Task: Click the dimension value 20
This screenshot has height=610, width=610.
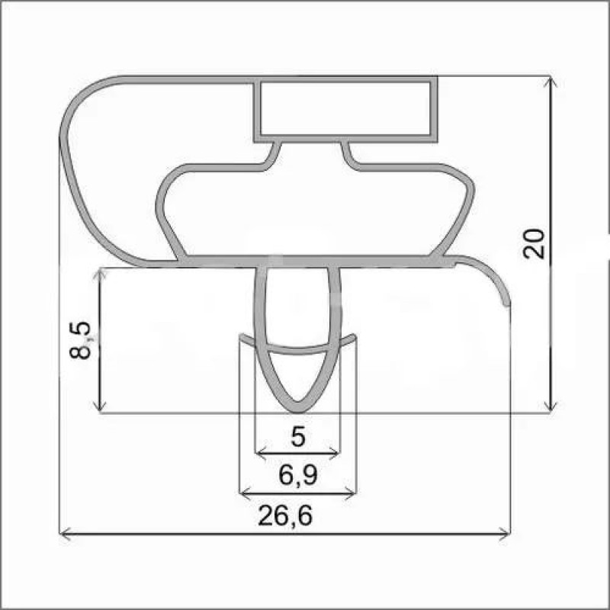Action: pos(533,244)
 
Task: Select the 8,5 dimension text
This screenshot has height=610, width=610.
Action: pos(80,340)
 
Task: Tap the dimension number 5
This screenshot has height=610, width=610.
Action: pos(298,437)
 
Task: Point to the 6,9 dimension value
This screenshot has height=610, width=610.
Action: pos(298,475)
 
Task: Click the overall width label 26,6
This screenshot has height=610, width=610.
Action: pos(285,516)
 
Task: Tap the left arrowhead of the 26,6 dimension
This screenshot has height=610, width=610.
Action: pos(64,535)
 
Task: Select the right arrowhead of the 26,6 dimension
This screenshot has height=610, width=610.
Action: pos(505,535)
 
